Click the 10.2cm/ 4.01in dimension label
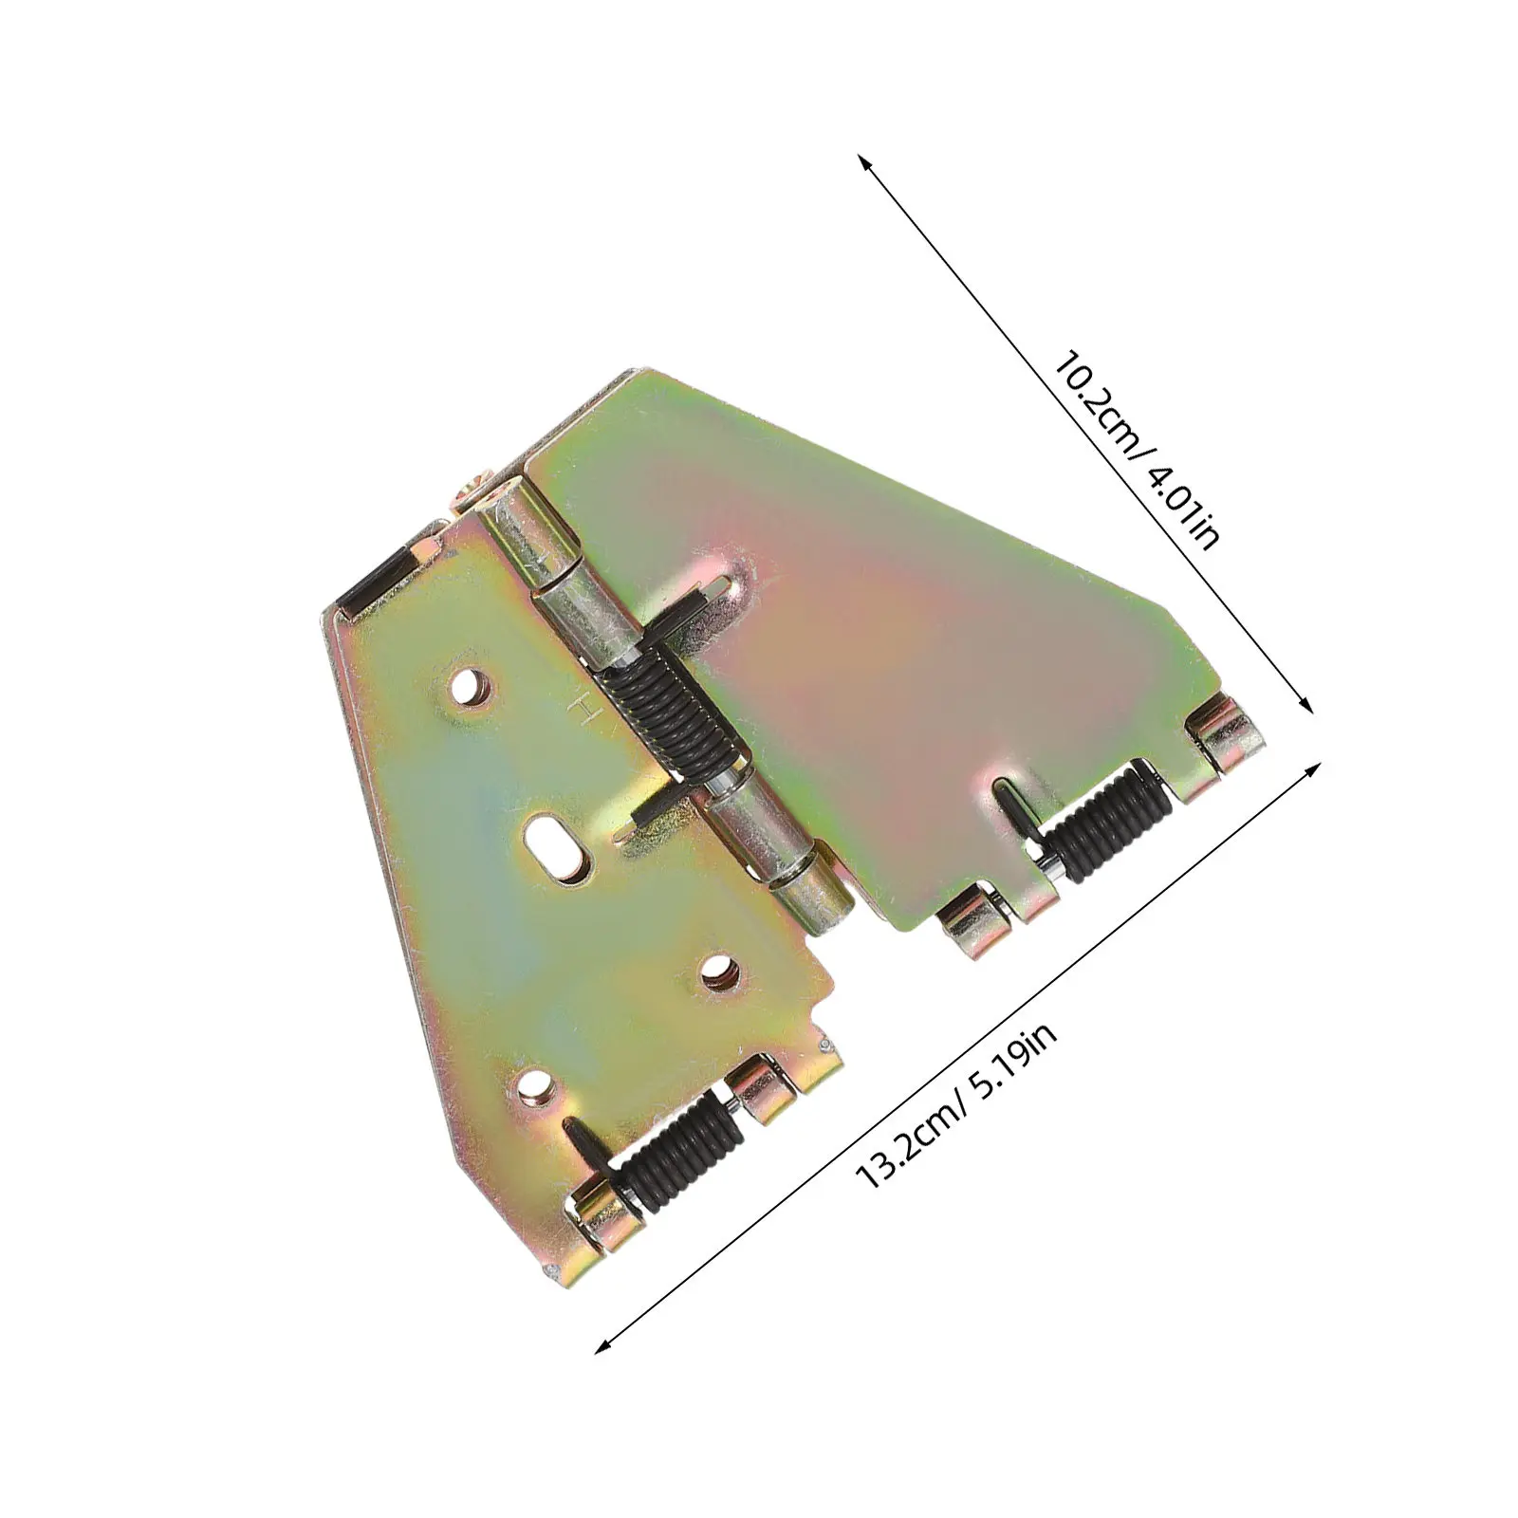point(1135,452)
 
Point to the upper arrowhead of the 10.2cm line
point(865,164)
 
